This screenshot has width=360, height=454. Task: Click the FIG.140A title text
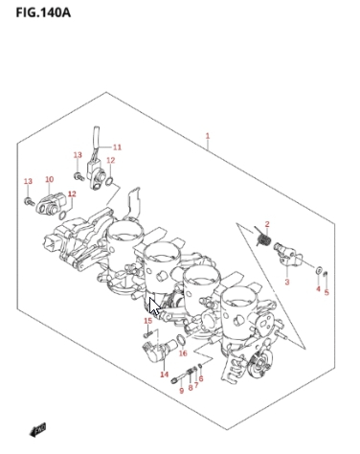click(x=43, y=12)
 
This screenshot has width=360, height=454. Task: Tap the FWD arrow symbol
click(x=37, y=430)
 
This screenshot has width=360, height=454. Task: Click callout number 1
click(x=208, y=136)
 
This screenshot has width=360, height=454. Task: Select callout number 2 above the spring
click(x=267, y=224)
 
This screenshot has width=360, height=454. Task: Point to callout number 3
click(x=287, y=282)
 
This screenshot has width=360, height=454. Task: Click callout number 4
click(x=318, y=288)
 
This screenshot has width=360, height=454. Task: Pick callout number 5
click(x=326, y=292)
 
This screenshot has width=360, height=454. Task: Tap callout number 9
click(x=182, y=391)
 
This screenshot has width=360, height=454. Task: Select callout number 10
click(x=50, y=179)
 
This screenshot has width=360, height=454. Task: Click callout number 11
click(x=117, y=148)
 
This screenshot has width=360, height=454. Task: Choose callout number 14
click(x=165, y=375)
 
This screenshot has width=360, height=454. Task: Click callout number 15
click(x=147, y=321)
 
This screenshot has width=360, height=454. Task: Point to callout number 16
click(x=183, y=353)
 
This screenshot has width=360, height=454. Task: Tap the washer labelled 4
click(x=319, y=270)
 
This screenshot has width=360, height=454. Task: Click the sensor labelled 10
click(x=51, y=205)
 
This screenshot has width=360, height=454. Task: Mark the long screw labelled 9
click(x=182, y=375)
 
